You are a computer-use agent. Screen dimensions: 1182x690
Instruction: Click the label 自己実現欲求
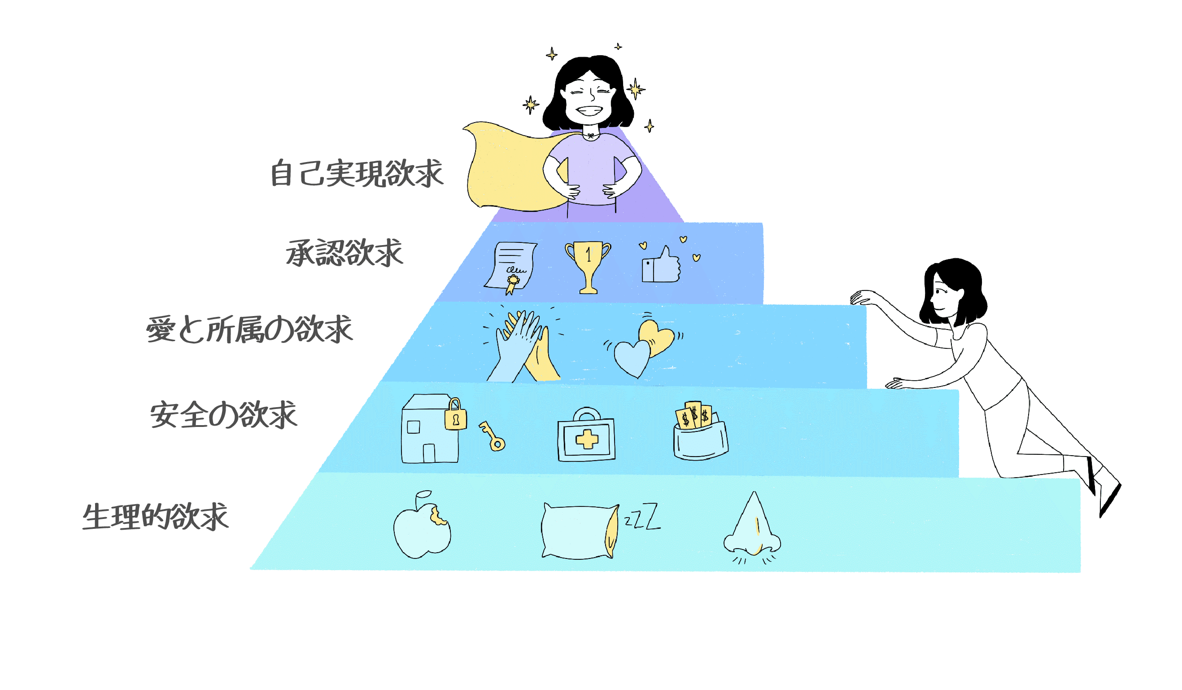point(357,174)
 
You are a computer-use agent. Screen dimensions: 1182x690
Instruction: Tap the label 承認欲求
point(345,254)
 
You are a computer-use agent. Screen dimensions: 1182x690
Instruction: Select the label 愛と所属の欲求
point(249,330)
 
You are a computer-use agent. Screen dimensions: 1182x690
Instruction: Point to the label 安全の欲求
point(223,415)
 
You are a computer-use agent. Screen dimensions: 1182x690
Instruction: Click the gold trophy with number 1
point(588,265)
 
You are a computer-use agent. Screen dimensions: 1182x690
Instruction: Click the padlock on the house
point(455,415)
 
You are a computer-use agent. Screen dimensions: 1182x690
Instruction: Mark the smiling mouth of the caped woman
point(589,112)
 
